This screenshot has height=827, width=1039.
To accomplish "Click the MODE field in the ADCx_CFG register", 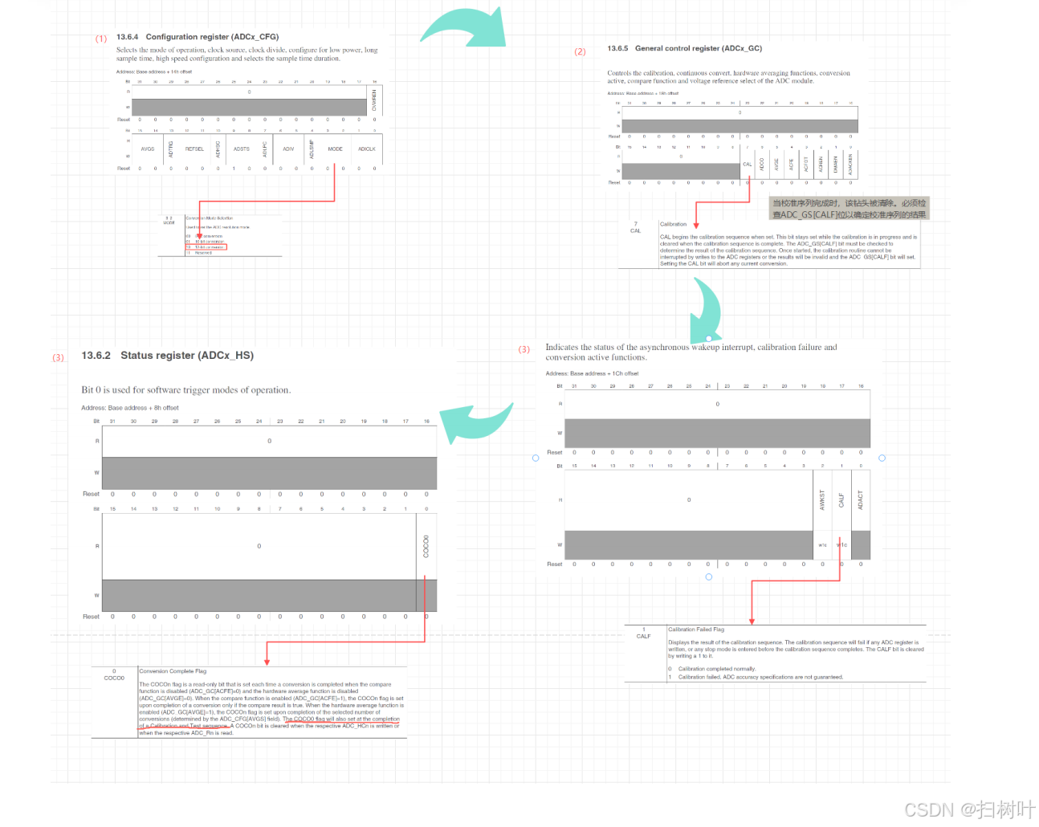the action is coord(335,149).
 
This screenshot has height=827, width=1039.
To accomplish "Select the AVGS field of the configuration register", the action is coord(148,149).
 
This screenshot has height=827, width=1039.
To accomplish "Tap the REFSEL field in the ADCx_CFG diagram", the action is coord(194,149).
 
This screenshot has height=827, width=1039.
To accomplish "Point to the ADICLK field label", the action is coord(367,149).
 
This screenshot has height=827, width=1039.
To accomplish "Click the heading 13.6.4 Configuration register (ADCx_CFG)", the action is coord(198,37).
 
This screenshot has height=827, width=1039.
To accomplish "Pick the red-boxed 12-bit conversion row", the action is coord(206,247).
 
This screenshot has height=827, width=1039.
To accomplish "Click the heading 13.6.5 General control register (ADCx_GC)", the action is coord(684,48).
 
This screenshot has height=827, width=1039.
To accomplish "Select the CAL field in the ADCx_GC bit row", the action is coord(747,165).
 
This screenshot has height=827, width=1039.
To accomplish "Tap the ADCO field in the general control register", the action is coord(762,164).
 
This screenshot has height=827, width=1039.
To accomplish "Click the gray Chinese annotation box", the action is coord(849,209).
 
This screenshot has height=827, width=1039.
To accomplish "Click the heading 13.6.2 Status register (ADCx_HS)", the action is coord(167,356).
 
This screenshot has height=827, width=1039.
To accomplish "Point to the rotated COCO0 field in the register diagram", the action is coord(426,546).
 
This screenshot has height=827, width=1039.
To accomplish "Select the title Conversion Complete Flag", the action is coord(173,671).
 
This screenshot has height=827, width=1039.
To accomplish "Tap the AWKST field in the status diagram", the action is coord(822,500).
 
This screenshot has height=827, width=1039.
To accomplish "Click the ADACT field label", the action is coord(860,500).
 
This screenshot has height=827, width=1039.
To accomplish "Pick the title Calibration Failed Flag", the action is coord(696,629).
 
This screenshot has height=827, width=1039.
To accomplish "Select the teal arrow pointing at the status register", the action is coord(477,421).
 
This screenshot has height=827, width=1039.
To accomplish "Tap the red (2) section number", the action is coord(580,51).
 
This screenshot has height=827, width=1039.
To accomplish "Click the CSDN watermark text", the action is coord(969,809).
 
